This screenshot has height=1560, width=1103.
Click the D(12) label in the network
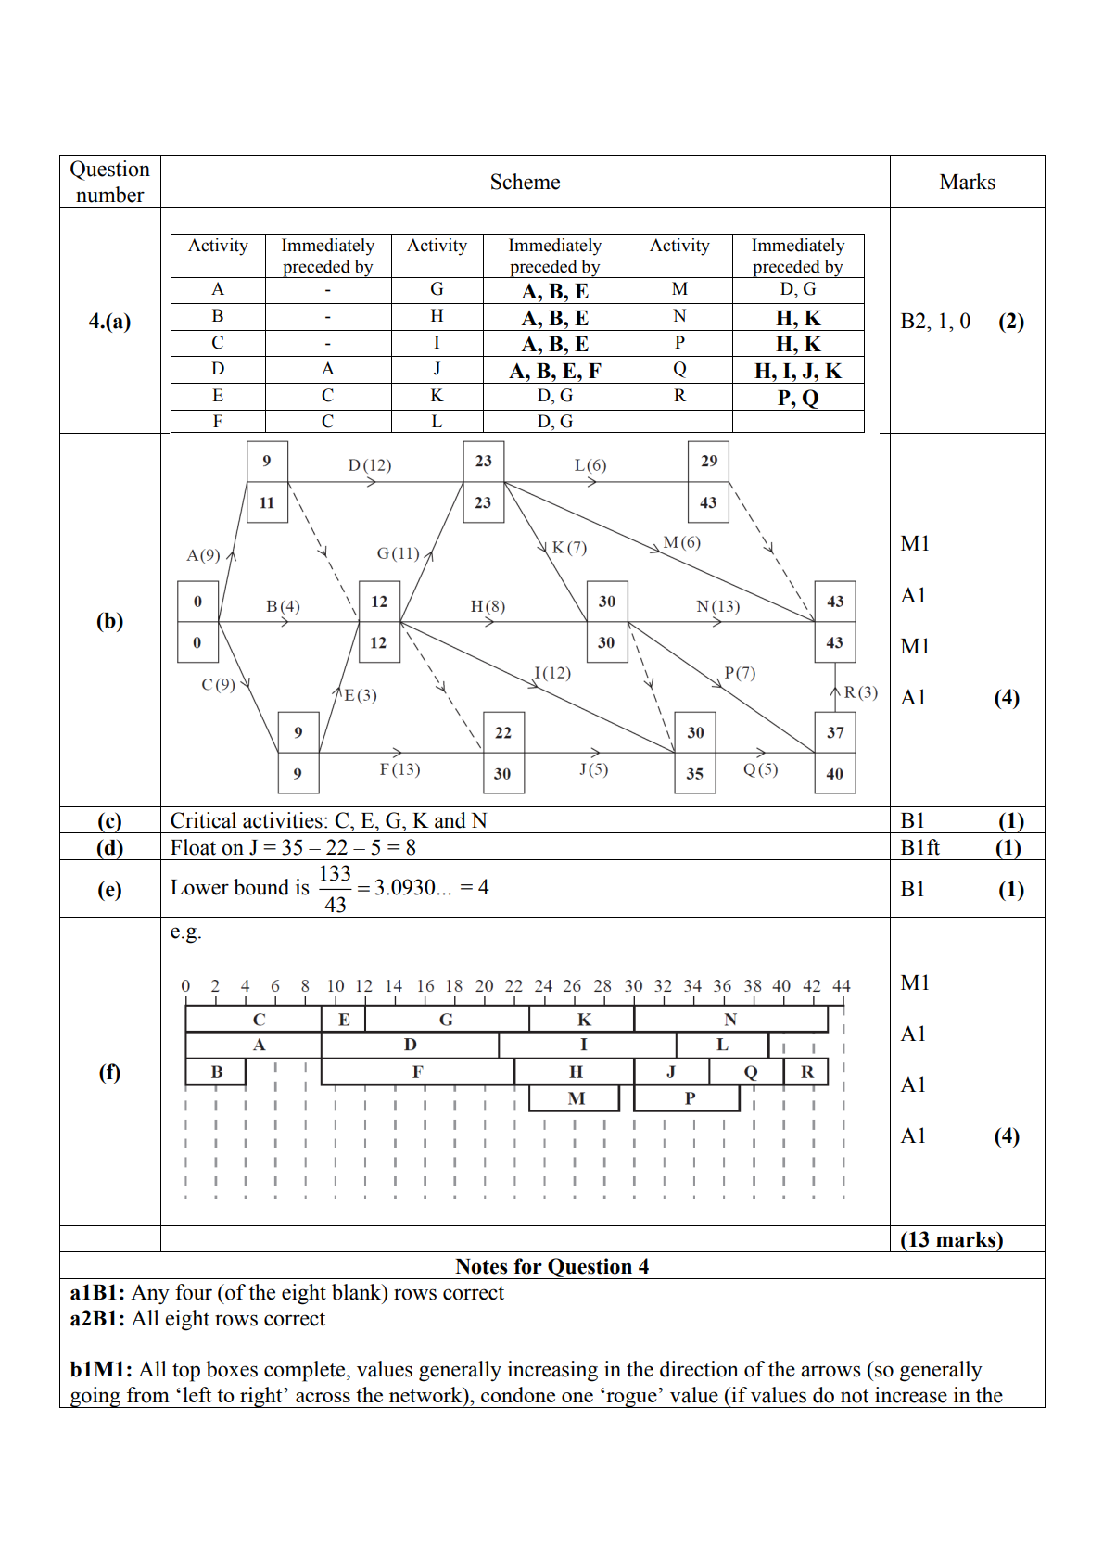click(370, 465)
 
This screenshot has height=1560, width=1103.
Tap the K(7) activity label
click(569, 548)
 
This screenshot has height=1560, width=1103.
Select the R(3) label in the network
click(860, 692)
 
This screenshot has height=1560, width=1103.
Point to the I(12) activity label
click(552, 673)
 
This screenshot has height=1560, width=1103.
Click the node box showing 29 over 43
click(709, 482)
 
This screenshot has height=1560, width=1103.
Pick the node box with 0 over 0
click(197, 622)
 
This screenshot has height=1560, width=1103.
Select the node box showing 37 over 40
click(835, 753)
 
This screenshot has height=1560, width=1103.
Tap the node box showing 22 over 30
click(503, 753)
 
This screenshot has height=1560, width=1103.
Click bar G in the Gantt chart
click(447, 1020)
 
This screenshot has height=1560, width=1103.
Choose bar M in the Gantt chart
click(576, 1098)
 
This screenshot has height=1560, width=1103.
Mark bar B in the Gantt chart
click(216, 1072)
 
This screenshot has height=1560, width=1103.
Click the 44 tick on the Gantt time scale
click(842, 986)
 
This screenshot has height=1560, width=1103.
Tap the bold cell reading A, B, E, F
click(555, 371)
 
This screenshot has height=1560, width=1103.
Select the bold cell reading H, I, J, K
click(798, 371)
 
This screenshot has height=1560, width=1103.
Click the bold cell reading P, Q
click(798, 398)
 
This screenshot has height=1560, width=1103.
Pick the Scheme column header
click(525, 182)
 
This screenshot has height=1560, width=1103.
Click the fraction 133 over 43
click(336, 889)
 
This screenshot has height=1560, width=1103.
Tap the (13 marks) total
click(952, 1239)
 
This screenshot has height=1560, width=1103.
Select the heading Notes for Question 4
click(552, 1266)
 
